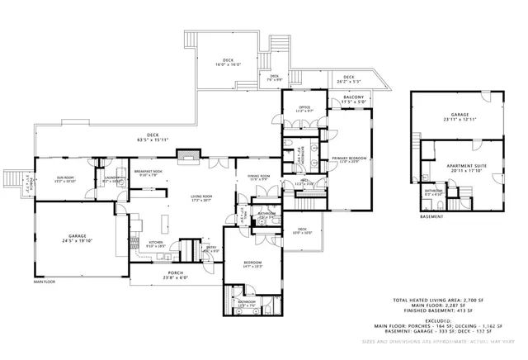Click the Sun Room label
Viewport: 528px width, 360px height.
click(x=64, y=179)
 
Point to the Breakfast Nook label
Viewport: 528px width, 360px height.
click(x=148, y=173)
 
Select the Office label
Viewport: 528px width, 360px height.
click(x=304, y=109)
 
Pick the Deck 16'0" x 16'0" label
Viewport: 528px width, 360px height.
click(x=229, y=63)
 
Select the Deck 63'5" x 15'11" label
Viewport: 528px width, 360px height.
click(x=152, y=138)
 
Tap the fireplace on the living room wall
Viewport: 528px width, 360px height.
click(x=190, y=154)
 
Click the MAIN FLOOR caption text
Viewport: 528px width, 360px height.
click(x=45, y=282)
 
